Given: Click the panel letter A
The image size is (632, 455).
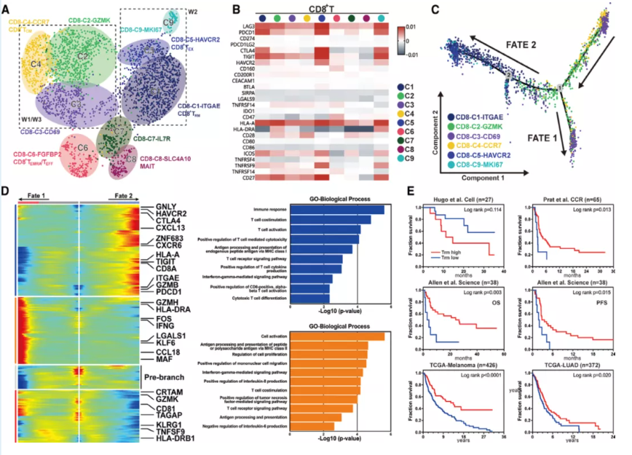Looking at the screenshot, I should point(7,9).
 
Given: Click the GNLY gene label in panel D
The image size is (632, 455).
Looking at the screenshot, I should point(166,205).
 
